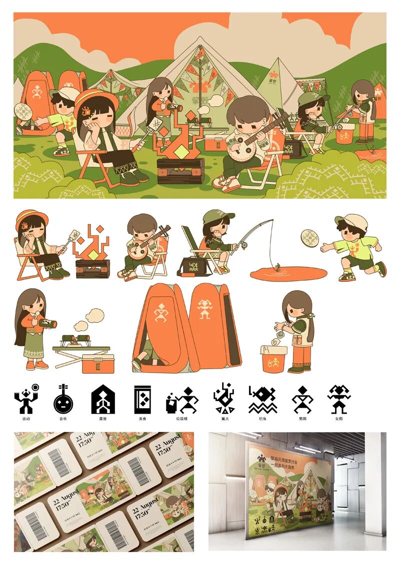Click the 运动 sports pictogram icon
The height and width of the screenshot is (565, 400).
(26, 398)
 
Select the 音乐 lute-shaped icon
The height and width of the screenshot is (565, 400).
(62, 399)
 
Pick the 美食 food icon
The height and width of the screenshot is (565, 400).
(141, 399)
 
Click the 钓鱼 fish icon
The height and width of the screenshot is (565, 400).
(262, 399)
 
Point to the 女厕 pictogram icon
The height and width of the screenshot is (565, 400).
(339, 399)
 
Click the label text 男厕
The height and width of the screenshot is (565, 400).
(301, 419)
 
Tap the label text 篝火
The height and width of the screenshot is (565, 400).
(222, 419)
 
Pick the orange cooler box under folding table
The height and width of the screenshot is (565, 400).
(97, 364)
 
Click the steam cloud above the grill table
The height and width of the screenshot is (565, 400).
(94, 316)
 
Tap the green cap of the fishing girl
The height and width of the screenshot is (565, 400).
(218, 216)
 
